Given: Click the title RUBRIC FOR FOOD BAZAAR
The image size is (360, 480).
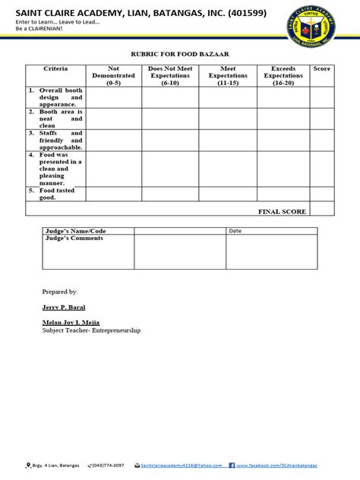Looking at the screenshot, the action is (x=179, y=55).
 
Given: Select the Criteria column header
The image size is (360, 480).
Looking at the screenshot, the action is (x=55, y=69).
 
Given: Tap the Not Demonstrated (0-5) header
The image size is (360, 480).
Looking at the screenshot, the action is (x=114, y=76).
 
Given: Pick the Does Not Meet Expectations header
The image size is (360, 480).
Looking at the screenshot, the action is (x=170, y=76).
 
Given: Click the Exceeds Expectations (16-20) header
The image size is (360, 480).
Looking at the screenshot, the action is (x=283, y=76).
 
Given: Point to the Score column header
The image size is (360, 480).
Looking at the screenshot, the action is (x=321, y=69).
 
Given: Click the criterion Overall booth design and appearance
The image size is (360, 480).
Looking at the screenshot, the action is (x=55, y=97).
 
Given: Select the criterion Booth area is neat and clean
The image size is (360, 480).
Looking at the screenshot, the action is (x=55, y=118).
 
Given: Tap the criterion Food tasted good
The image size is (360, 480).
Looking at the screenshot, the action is (x=55, y=194).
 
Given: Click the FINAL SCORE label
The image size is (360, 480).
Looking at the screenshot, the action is (x=282, y=211).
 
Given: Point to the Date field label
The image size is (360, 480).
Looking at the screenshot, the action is (x=235, y=230).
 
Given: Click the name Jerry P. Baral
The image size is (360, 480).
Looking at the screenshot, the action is (x=64, y=307).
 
